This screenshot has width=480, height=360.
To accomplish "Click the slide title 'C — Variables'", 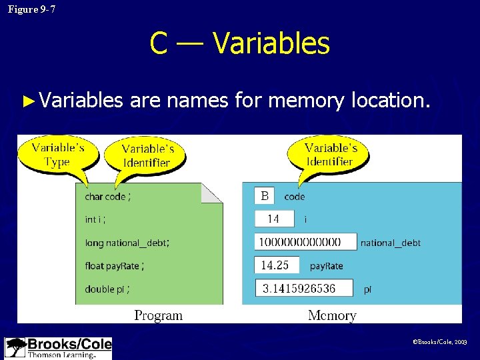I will (239, 44).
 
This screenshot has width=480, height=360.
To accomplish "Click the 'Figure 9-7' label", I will (32, 9).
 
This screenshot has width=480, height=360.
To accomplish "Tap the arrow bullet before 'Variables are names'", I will (27, 101).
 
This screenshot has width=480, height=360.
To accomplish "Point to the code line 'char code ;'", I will (108, 197).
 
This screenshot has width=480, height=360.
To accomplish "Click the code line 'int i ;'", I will (95, 219).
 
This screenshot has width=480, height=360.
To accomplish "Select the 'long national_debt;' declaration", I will (127, 243).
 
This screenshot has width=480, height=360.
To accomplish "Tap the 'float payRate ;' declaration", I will (114, 266).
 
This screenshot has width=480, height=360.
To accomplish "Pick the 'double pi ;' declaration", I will (107, 289).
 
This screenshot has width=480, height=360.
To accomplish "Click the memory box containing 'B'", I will (265, 196).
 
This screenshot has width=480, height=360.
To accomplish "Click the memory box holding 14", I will (275, 219).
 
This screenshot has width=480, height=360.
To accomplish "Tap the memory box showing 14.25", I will (277, 265).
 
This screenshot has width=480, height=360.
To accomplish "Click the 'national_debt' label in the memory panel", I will (391, 243).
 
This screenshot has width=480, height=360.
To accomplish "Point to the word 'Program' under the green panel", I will (158, 315).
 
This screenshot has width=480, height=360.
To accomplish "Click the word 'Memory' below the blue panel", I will (332, 315).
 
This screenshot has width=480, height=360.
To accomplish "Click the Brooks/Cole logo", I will (58, 348).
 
